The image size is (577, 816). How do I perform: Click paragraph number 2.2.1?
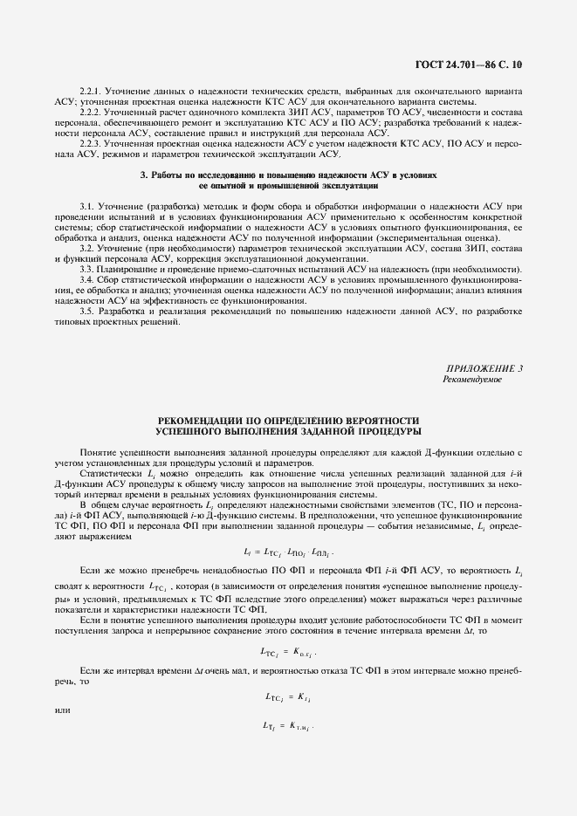click(92, 91)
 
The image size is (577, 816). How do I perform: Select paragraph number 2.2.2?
click(92, 112)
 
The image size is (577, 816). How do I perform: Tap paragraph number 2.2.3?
click(92, 141)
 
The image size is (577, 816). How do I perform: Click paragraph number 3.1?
click(87, 204)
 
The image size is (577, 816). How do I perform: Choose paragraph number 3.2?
click(87, 248)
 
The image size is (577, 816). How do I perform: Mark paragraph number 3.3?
click(87, 269)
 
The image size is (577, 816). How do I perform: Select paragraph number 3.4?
click(87, 279)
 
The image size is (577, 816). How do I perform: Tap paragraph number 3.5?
click(87, 311)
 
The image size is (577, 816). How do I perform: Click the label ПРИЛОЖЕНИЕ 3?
click(484, 368)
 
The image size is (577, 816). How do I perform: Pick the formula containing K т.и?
click(288, 725)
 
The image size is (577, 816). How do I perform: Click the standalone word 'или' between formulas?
click(61, 710)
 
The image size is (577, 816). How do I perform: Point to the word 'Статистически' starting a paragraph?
click(106, 472)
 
